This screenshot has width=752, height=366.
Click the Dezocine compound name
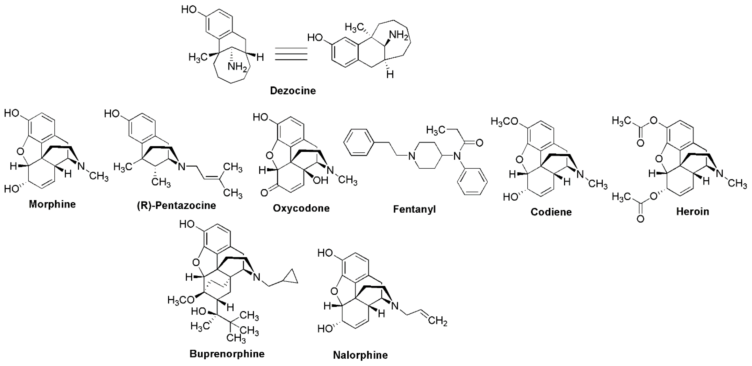(293, 91)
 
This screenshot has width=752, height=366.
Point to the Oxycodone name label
(301, 208)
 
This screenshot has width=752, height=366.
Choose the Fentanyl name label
(414, 209)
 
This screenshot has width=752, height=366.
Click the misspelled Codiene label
(551, 212)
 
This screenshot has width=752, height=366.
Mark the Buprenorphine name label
(227, 354)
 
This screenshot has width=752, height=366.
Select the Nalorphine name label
(360, 355)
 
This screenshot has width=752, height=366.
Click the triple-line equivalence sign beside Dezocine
(291, 54)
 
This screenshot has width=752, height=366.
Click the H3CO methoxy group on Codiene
(505, 121)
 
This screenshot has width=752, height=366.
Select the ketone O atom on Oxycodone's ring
(264, 193)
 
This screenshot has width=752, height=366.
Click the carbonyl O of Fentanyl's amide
(479, 143)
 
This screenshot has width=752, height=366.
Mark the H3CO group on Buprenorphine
(182, 300)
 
